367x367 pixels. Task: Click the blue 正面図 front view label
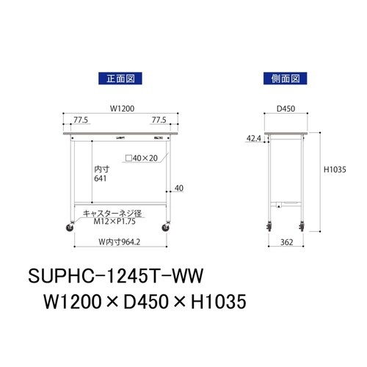119,77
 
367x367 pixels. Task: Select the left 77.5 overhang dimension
81,119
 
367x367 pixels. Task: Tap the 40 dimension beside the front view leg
178,188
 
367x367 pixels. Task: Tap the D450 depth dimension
286,109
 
